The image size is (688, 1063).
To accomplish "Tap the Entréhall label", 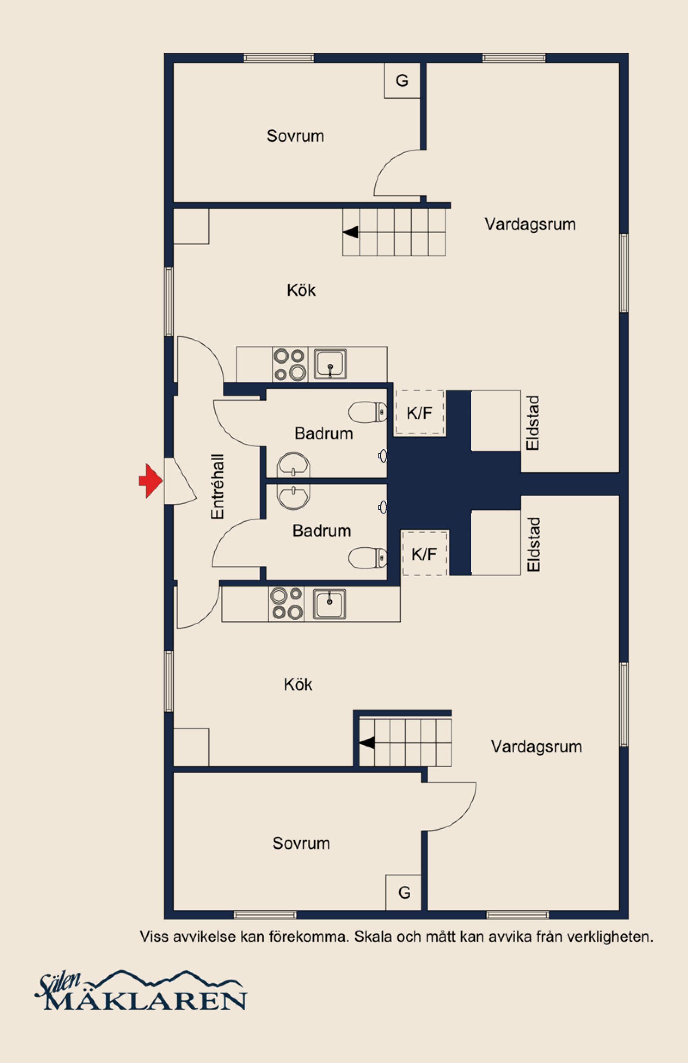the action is click(x=217, y=487).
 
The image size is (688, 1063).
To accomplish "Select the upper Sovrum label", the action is click(x=295, y=136).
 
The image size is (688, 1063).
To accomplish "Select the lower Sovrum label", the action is click(x=301, y=843).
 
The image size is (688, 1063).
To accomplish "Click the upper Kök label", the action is click(x=301, y=290).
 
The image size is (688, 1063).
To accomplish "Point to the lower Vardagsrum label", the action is click(x=536, y=747).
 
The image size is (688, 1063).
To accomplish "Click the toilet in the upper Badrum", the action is click(x=368, y=412).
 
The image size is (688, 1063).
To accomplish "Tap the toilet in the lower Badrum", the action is click(x=368, y=558).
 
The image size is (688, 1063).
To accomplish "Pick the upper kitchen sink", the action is click(x=330, y=365).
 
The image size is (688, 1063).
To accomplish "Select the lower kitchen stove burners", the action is click(x=286, y=603).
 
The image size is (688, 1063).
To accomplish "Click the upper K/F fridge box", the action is click(x=420, y=413).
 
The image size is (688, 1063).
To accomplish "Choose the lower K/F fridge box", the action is click(x=424, y=553).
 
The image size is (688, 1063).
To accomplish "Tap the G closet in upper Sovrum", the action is click(x=402, y=80).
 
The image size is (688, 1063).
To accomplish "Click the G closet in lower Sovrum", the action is click(x=404, y=892).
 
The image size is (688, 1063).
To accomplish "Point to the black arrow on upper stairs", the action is click(x=350, y=232).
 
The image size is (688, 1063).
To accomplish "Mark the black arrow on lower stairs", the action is click(x=367, y=743).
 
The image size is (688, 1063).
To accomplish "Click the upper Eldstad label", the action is click(x=533, y=423).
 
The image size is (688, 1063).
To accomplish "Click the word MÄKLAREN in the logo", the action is click(x=146, y=1001).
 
